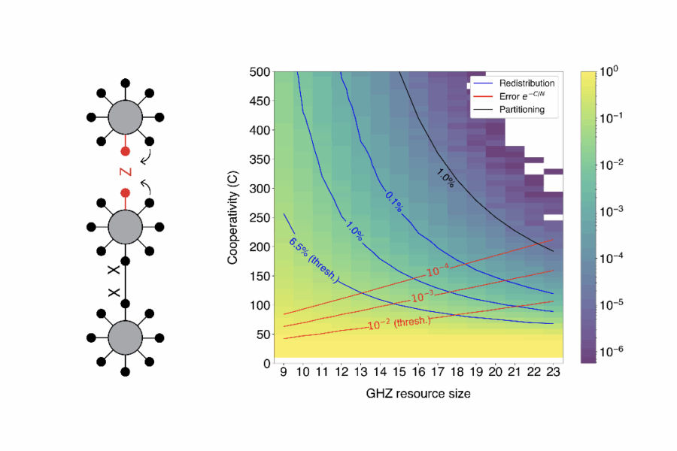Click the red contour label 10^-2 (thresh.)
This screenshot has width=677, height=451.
[399, 322]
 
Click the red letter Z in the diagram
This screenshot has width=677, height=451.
[125, 172]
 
